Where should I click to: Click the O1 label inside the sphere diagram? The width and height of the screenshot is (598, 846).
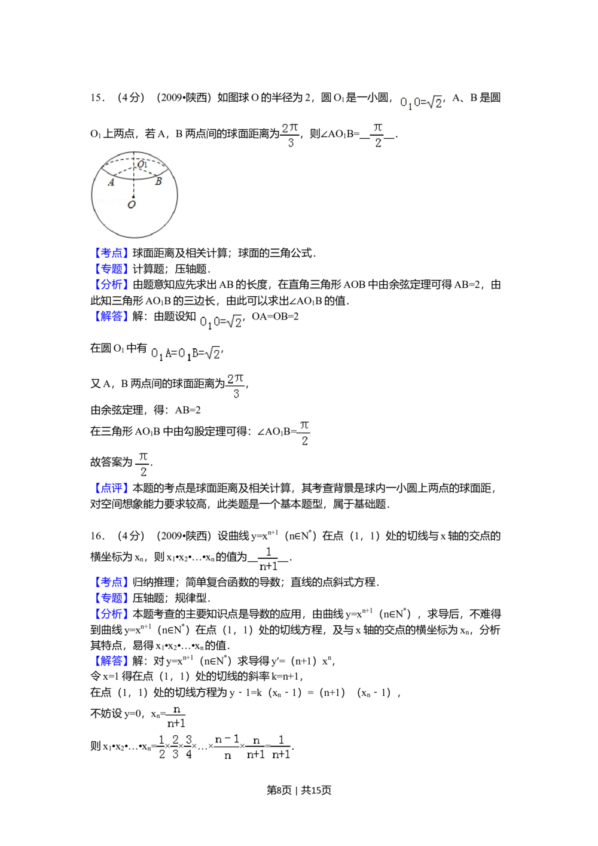click(142, 164)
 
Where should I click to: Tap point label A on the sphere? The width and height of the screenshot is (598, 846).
click(111, 182)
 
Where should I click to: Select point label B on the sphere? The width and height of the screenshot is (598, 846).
click(158, 182)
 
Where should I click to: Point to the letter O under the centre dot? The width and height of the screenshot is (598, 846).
click(132, 205)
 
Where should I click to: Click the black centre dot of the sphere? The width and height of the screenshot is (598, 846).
click(133, 196)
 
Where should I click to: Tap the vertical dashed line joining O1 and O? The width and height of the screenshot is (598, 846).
click(133, 182)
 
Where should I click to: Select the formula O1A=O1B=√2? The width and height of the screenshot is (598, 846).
click(184, 354)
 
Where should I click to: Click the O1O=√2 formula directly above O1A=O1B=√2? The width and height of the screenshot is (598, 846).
click(220, 323)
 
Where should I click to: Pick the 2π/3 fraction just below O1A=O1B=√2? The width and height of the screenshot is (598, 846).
click(236, 385)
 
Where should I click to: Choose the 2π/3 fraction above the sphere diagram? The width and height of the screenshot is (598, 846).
click(289, 136)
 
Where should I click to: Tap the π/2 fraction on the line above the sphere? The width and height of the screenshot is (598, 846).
click(378, 136)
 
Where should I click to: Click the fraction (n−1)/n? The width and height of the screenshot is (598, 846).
click(227, 747)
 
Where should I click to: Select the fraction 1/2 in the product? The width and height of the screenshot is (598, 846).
click(160, 747)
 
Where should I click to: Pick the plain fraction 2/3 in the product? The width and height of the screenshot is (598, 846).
click(175, 747)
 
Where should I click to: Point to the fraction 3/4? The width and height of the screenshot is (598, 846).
click(189, 747)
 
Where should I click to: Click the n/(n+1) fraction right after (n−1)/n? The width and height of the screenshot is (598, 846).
click(256, 747)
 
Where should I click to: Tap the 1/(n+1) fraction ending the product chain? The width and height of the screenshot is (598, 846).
click(280, 747)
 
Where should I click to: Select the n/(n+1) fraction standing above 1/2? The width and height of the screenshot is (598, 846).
click(175, 716)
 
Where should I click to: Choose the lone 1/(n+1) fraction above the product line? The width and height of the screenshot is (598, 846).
click(268, 558)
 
